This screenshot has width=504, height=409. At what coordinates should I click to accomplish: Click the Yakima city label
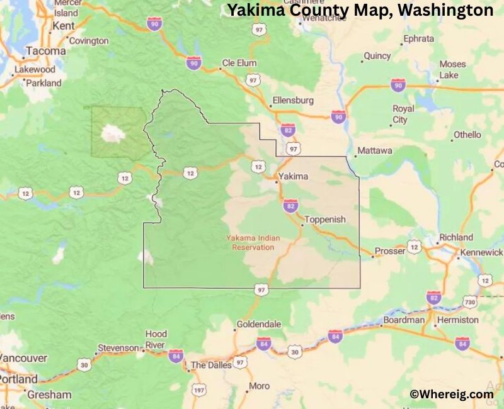point(294,176)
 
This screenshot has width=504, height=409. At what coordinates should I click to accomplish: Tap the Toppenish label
point(325,220)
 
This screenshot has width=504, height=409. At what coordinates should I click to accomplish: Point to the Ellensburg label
point(292,101)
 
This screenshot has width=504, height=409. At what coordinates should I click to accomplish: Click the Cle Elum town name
point(239,64)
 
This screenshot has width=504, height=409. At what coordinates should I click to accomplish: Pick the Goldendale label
point(258,324)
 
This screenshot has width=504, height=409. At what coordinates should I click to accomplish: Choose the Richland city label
point(456,237)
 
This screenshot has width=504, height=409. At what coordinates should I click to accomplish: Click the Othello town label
point(467,135)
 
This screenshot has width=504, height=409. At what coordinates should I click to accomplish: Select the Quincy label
point(377,56)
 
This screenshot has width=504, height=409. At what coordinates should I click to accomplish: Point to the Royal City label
point(404,114)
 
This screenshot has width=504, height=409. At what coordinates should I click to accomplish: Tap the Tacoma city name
point(45,51)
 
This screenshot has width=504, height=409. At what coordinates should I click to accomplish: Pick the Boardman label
point(404,320)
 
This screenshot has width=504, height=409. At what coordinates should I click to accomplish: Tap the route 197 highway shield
point(198,391)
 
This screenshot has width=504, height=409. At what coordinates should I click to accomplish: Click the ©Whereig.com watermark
point(452,394)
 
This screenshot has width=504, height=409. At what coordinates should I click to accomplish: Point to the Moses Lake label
point(452,69)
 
